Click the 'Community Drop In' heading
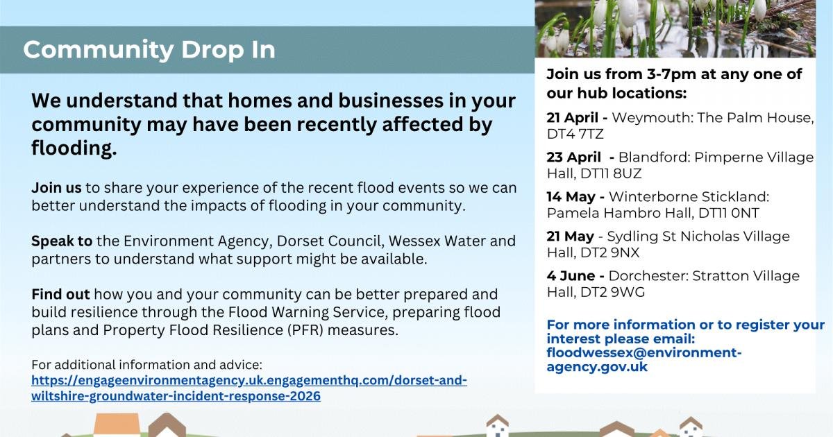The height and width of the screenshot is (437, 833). point(149,50)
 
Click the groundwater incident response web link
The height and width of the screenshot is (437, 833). point(249,388)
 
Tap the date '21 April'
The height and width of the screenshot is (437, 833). point(572,118)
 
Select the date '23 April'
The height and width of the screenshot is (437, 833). point(574,157)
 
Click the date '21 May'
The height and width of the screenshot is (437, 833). point(571,237)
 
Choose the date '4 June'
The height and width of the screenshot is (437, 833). point(571,276)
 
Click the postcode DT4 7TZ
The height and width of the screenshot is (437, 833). point(575,134)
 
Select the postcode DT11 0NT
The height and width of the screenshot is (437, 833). point(729,214)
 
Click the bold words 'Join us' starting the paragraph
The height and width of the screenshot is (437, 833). point(56,188)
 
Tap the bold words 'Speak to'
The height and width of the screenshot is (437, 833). point(62,241)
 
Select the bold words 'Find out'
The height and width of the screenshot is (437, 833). point(60,294)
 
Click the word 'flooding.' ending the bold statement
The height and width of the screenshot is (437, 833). point(74,148)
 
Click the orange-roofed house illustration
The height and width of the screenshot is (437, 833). point(117,425)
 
